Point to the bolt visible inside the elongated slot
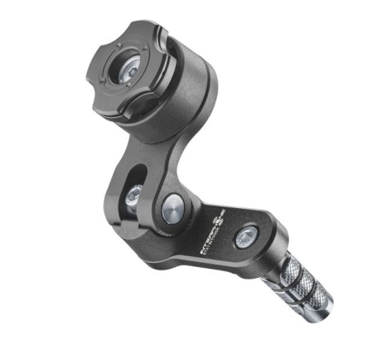pyautogui.click(x=133, y=197)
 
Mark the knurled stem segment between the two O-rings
pyautogui.click(x=296, y=289)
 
